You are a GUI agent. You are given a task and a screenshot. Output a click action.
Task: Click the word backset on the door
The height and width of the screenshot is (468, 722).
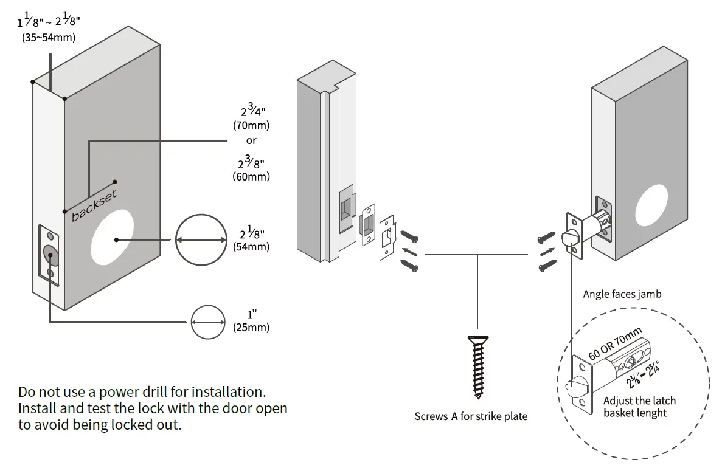pyautogui.click(x=94, y=206)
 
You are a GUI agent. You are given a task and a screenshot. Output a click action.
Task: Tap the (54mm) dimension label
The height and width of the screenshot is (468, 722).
pyautogui.click(x=251, y=247)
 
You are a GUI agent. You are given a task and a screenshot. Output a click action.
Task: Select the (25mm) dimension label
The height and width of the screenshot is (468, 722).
pyautogui.click(x=251, y=328)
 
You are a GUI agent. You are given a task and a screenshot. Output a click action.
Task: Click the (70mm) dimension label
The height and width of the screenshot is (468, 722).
pyautogui.click(x=251, y=126)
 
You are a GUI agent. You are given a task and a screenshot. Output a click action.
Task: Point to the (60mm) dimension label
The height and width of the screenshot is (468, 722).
pyautogui.click(x=251, y=177)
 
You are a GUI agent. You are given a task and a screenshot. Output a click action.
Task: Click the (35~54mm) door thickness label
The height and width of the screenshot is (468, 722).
pyautogui.click(x=49, y=38)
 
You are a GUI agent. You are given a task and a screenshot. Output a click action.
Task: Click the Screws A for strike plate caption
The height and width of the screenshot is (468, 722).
pyautogui.click(x=471, y=416)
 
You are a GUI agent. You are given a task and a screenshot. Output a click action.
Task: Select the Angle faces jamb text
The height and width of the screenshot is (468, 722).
pyautogui.click(x=622, y=294)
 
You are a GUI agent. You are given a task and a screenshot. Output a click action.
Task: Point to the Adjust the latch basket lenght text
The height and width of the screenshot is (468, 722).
pyautogui.click(x=639, y=407)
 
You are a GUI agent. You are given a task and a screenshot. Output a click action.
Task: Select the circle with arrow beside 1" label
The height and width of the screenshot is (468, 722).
pyautogui.click(x=208, y=322)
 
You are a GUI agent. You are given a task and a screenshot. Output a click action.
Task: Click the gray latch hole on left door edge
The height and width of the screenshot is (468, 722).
pyautogui.click(x=50, y=255)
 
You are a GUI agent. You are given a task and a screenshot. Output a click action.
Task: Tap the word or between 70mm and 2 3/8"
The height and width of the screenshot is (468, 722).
pyautogui.click(x=251, y=140)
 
